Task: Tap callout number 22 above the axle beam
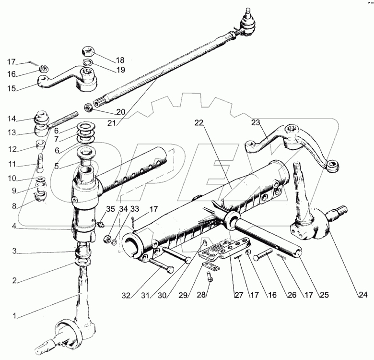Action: (199, 123)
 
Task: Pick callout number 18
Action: (119, 60)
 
